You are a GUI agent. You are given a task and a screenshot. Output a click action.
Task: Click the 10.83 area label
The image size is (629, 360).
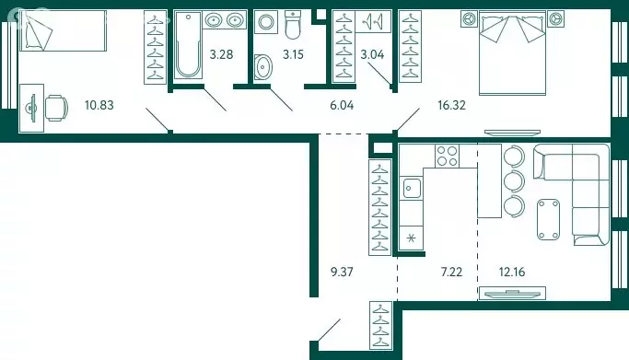coord(99,106)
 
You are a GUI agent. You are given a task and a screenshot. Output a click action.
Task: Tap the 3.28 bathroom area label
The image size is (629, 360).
coord(221,54)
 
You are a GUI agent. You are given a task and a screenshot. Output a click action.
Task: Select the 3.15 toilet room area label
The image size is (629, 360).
coord(293,54)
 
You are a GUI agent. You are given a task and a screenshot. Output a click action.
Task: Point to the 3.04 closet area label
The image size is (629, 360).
coord(372,54)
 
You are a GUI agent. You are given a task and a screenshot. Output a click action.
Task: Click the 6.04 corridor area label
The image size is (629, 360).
coord(342,106)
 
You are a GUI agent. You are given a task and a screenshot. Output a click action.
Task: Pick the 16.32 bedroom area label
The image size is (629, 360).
coord(451,106)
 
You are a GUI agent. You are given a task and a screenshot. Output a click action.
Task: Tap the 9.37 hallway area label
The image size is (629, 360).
coord(342,273)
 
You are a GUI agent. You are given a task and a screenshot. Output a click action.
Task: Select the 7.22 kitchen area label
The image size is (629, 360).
coord(451,273)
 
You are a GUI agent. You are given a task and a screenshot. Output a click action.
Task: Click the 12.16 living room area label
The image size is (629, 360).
coord(512,273)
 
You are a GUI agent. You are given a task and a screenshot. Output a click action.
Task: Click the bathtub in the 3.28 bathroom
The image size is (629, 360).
coord(187,44)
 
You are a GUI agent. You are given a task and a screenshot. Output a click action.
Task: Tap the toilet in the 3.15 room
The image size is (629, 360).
coord(293,24)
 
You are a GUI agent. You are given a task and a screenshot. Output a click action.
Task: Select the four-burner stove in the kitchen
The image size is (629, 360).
coord(448,156)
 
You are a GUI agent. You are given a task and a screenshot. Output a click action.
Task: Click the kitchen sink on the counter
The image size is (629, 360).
coord(412,188)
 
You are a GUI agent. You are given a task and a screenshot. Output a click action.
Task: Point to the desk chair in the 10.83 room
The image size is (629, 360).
coord(56,108)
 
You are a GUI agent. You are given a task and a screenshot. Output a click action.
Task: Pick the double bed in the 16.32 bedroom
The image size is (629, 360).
coord(513,52)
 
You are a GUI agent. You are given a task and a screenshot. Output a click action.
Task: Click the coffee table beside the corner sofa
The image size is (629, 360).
coord(548,219)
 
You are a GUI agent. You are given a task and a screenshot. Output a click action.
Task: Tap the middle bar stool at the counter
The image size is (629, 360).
coord(514,181)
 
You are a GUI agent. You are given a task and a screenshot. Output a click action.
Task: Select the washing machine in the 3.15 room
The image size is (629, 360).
coord(266,22)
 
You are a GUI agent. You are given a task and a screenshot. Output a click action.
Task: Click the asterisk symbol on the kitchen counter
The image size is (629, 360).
coord(411,238)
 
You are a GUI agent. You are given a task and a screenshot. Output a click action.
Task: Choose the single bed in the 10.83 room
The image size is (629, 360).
coord(63,31)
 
